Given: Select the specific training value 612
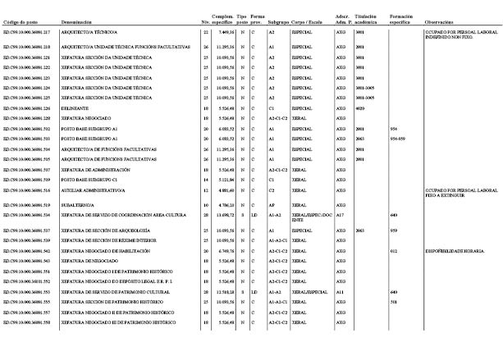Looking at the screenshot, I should point(394,250).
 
